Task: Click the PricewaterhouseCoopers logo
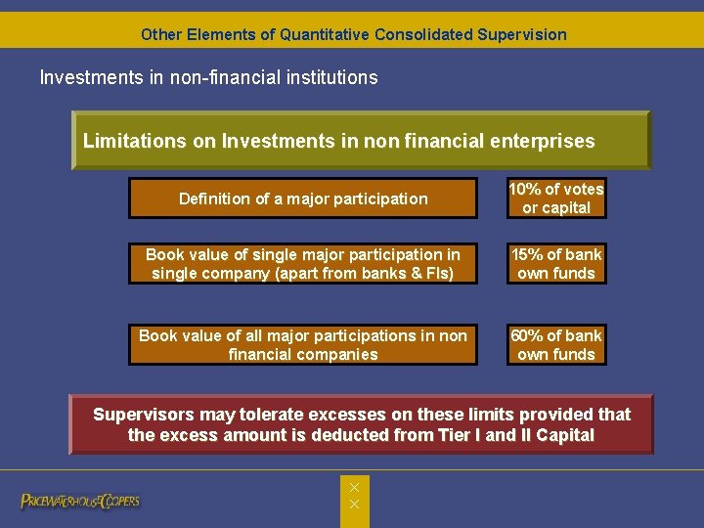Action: tap(80, 502)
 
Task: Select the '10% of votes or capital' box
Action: tap(556, 198)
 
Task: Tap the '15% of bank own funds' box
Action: tap(556, 264)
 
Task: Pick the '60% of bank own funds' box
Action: tap(556, 345)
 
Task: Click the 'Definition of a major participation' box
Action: tap(303, 198)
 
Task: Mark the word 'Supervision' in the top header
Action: tap(522, 34)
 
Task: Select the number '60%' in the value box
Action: tap(527, 335)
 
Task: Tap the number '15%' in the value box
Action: tap(527, 254)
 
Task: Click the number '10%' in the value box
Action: tap(526, 189)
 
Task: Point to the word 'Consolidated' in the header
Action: tap(425, 34)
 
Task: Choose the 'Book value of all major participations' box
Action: tap(303, 345)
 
